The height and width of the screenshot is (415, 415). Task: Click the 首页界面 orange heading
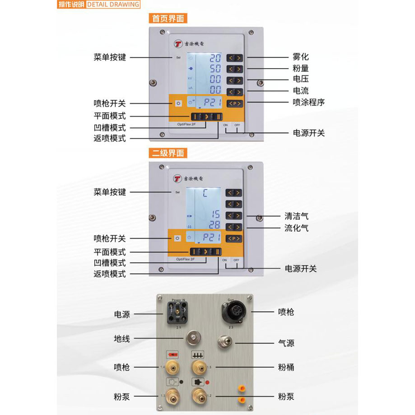tap(168, 19)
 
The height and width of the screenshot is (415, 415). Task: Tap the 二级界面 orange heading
tap(168, 153)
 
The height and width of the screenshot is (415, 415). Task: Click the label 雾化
tap(301, 57)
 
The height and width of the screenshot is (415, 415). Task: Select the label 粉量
tap(301, 69)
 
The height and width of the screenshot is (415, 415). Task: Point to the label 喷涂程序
tap(308, 102)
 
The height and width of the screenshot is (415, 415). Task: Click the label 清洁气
tap(297, 217)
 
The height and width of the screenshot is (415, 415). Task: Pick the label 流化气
tap(297, 228)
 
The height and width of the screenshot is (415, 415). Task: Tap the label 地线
tap(122, 338)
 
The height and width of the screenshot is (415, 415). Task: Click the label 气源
tap(286, 343)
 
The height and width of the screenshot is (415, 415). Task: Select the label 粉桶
tap(286, 367)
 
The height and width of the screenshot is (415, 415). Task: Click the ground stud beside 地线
tap(193, 337)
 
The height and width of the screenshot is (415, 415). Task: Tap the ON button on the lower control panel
tap(224, 260)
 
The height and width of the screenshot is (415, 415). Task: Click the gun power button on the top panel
tap(178, 103)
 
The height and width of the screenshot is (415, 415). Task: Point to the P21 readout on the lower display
tap(209, 238)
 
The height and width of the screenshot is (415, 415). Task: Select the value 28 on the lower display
tap(215, 225)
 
